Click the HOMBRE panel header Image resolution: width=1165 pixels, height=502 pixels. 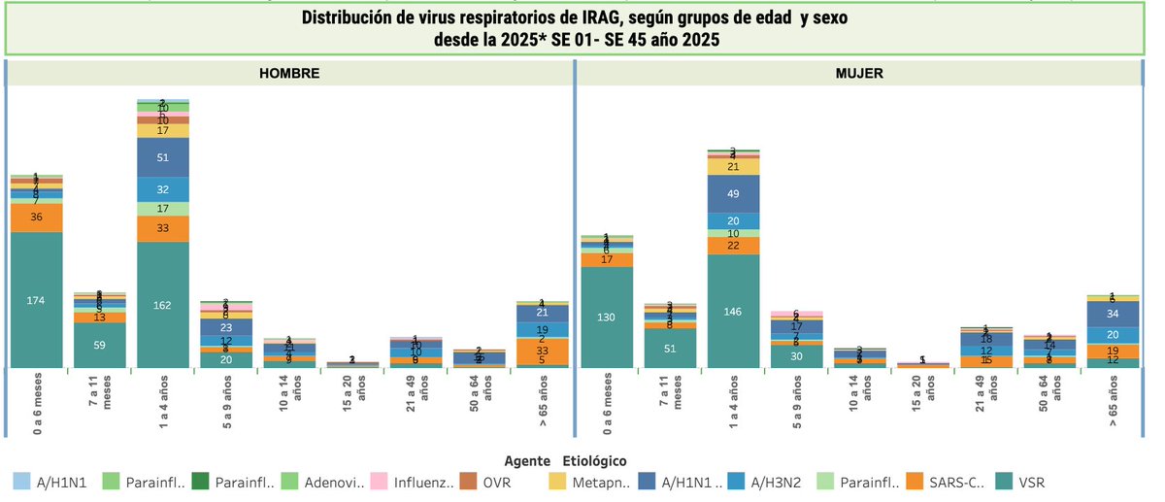tap(288, 74)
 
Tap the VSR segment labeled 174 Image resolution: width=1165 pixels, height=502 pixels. tap(37, 300)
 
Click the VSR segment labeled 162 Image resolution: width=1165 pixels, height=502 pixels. tap(162, 305)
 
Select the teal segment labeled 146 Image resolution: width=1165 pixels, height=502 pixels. tap(733, 311)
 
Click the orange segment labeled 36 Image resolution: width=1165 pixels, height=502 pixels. tap(37, 218)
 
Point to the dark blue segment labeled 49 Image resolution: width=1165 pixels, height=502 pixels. tap(733, 193)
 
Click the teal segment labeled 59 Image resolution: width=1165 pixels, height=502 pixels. tap(100, 345)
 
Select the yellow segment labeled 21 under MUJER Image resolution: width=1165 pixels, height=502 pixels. tap(733, 166)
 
